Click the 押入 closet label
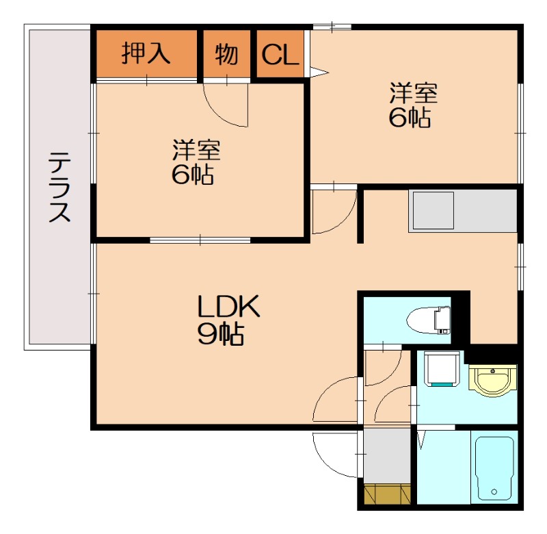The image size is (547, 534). click(146, 53)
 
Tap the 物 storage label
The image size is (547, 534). click(226, 55)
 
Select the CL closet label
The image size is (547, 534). click(280, 55)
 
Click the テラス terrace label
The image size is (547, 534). click(59, 187)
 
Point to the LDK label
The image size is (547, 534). click(228, 306)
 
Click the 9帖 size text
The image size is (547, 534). click(221, 334)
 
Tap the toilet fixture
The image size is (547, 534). click(429, 320)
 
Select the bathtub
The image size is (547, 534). click(494, 468)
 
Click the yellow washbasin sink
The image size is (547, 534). click(492, 381)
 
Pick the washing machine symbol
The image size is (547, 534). click(442, 369)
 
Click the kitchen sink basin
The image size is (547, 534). click(433, 211)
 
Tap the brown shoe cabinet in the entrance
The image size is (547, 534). click(387, 494)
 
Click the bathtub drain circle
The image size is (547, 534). click(494, 492)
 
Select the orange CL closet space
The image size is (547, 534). click(280, 53)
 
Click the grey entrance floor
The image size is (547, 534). click(387, 456)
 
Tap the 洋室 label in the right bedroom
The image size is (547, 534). click(414, 93)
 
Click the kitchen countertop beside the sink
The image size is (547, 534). click(485, 211)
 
